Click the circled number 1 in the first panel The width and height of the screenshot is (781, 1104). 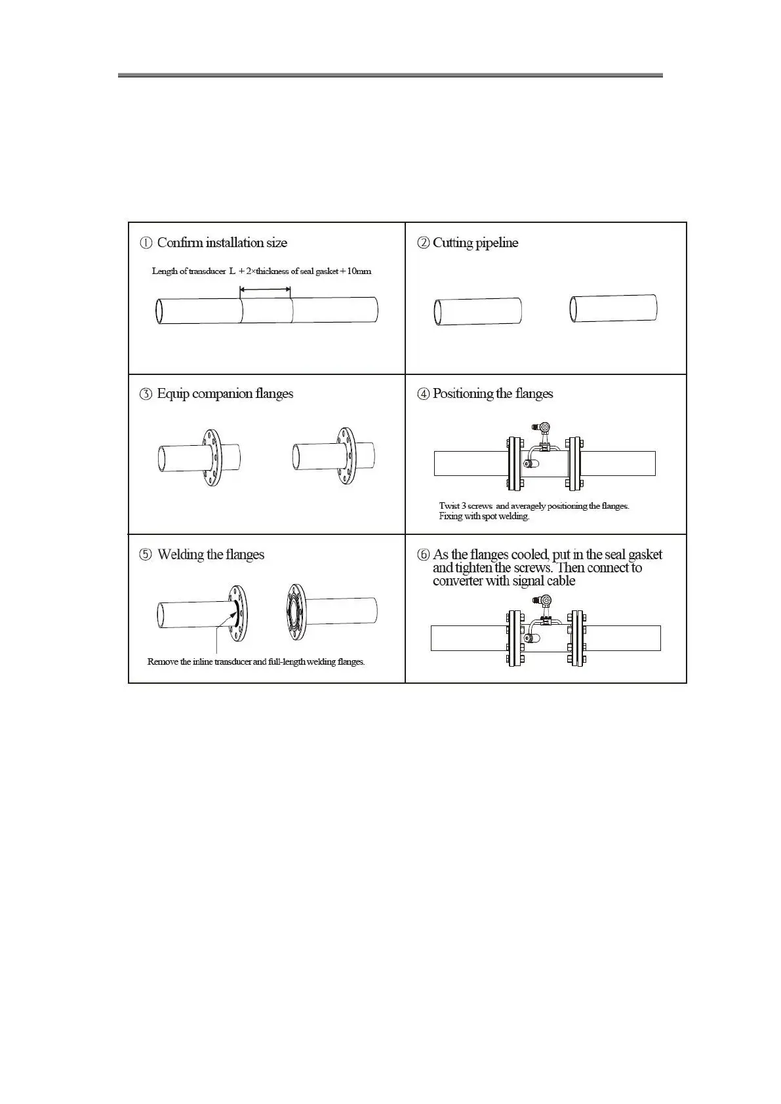[146, 243]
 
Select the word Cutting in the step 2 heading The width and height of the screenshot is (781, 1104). [452, 243]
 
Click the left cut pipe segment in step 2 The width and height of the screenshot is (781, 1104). [478, 311]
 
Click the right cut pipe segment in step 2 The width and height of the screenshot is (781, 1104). [614, 308]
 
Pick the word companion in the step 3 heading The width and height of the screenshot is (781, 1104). [221, 393]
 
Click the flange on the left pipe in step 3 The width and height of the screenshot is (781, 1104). [210, 457]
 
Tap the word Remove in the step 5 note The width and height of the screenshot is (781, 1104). [163, 662]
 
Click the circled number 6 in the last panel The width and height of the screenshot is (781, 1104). [424, 555]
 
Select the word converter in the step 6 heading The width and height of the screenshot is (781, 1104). [458, 581]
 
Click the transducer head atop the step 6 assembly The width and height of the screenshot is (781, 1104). [544, 601]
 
